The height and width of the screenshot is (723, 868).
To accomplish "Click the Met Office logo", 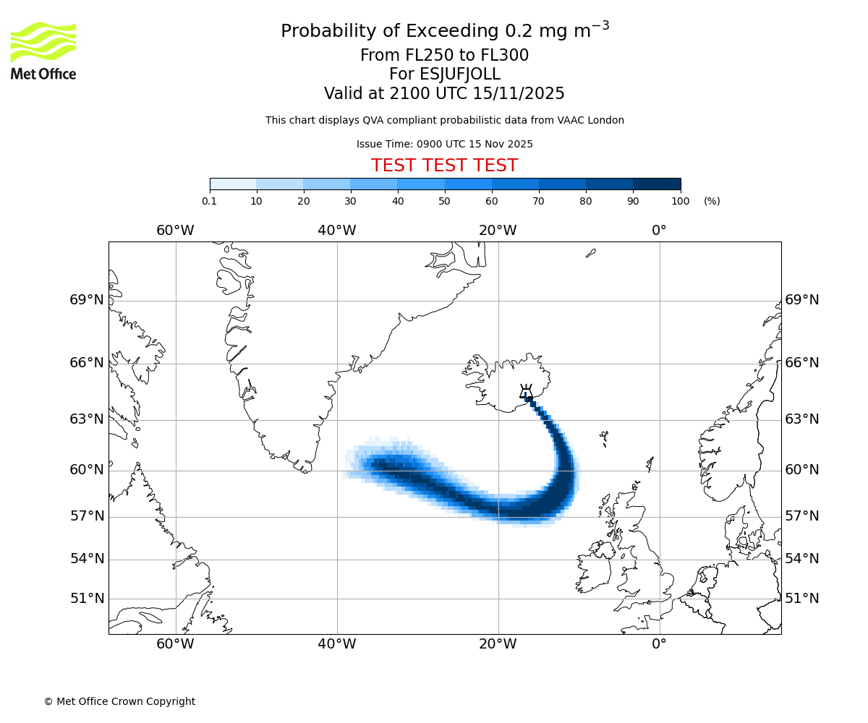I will click(43, 51).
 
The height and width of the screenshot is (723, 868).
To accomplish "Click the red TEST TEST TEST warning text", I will click(444, 166).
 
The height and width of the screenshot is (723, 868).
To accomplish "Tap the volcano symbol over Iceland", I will click(526, 393).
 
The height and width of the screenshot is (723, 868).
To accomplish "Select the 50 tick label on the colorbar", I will click(445, 201).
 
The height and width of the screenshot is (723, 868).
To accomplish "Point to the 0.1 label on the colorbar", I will click(210, 201).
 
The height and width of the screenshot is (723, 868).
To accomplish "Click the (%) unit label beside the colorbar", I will click(712, 201).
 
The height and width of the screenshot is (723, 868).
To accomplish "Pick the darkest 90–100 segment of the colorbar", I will click(657, 184).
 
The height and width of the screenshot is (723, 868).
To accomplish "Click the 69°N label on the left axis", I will click(87, 300).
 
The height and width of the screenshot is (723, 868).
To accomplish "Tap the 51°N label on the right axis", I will click(802, 599).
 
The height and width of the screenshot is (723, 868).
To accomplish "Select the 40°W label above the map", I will click(337, 231).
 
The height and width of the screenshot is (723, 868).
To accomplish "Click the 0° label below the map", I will click(659, 644).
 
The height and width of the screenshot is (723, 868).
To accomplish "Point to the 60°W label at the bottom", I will click(175, 644).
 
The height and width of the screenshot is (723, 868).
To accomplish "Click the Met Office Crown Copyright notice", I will click(119, 701).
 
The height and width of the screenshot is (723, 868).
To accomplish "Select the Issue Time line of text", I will click(444, 144).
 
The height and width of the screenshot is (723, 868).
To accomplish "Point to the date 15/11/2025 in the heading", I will click(519, 94).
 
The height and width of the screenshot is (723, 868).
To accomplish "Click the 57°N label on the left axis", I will click(87, 516).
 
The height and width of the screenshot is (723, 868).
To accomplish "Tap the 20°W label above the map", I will click(498, 231).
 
